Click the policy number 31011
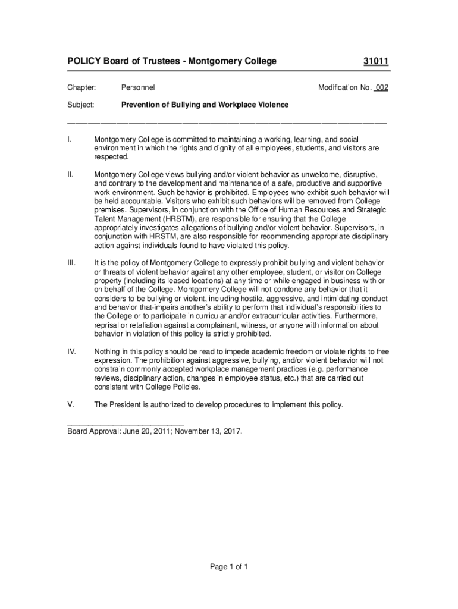[x=376, y=61]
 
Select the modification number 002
[x=381, y=87]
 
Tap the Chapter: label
[x=81, y=87]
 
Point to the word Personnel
[x=138, y=87]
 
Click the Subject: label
[x=80, y=105]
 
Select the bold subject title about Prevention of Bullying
[x=205, y=105]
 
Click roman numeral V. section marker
[x=71, y=405]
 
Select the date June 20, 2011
[x=146, y=431]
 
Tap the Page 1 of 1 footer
[x=228, y=567]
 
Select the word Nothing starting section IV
[x=108, y=351]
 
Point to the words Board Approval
[x=93, y=431]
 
